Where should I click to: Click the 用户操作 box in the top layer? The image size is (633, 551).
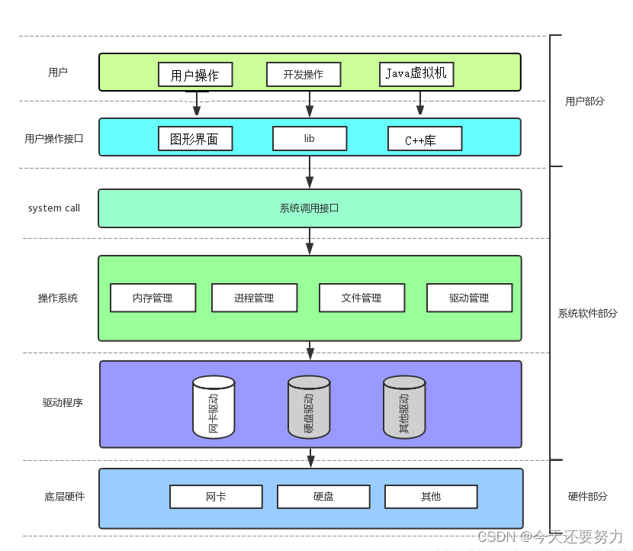click(x=195, y=75)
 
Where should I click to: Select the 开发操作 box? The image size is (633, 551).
click(x=304, y=74)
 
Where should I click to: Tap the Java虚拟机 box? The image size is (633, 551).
click(x=416, y=74)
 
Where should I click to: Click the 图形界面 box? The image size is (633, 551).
click(x=195, y=139)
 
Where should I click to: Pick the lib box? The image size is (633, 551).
click(x=310, y=138)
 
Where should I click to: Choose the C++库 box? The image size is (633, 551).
click(x=425, y=140)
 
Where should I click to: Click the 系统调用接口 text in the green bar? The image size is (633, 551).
click(x=309, y=208)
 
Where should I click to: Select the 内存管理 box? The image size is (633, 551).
click(x=153, y=298)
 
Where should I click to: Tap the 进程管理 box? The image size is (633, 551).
click(x=254, y=298)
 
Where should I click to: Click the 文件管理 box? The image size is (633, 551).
click(x=361, y=298)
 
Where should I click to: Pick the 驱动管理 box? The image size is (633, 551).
click(x=469, y=298)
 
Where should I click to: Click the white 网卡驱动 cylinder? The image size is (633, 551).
click(x=214, y=408)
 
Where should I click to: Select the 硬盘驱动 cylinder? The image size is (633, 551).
click(x=309, y=408)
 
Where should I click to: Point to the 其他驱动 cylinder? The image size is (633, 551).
click(x=404, y=408)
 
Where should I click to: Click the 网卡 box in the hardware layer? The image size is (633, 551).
click(x=216, y=497)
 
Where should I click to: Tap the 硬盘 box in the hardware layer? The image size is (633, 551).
click(x=323, y=497)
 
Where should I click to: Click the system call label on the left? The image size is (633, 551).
click(x=54, y=208)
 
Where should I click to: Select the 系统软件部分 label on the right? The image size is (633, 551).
click(x=587, y=314)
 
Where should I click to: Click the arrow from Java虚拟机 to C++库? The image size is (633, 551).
click(x=419, y=103)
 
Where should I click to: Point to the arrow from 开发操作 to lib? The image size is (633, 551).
click(x=309, y=103)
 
